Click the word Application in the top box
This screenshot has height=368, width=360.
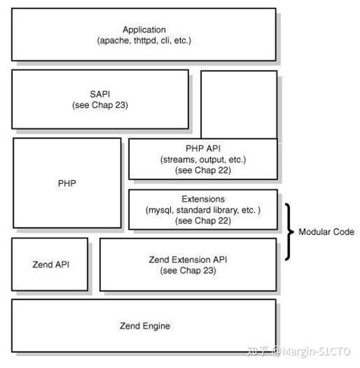tap(144, 29)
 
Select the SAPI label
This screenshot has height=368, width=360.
tap(99, 94)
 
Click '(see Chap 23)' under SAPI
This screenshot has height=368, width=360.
tap(99, 104)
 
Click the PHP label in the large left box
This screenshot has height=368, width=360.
tap(67, 182)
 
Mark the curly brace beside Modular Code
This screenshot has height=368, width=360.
tap(289, 231)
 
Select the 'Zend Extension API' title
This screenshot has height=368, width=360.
tap(188, 259)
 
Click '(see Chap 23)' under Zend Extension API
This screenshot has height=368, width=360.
tap(188, 270)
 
